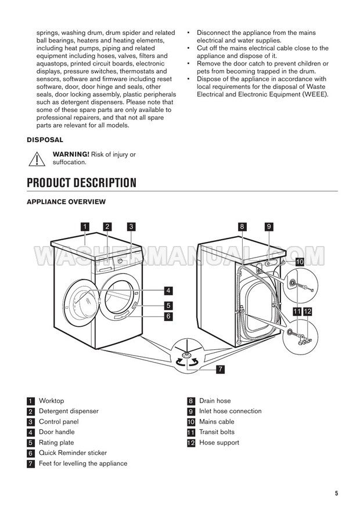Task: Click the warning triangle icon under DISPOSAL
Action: pyautogui.click(x=37, y=158)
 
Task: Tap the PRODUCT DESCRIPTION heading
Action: pyautogui.click(x=82, y=183)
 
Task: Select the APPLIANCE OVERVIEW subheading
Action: pyautogui.click(x=66, y=202)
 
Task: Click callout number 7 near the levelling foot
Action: pyautogui.click(x=221, y=369)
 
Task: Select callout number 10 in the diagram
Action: pyautogui.click(x=299, y=262)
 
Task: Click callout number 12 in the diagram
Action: pyautogui.click(x=308, y=312)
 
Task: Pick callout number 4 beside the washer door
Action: pyautogui.click(x=167, y=290)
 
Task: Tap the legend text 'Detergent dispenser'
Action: pyautogui.click(x=69, y=411)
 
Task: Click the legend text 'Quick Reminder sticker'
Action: pyautogui.click(x=73, y=453)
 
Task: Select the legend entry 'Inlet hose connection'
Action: pyautogui.click(x=230, y=411)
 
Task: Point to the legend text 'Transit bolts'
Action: pyautogui.click(x=217, y=432)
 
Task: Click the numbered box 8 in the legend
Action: pyautogui.click(x=190, y=401)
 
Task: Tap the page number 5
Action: pyautogui.click(x=336, y=494)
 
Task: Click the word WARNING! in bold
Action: pyautogui.click(x=71, y=154)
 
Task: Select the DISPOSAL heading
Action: pyautogui.click(x=45, y=140)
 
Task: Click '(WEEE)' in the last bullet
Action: pyautogui.click(x=314, y=94)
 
